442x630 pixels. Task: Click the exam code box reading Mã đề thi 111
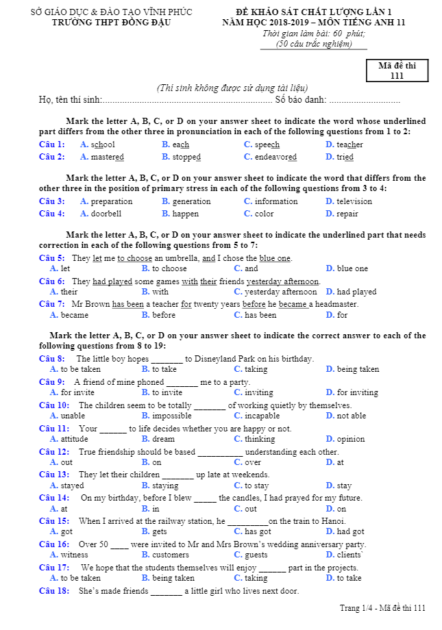pos(397,71)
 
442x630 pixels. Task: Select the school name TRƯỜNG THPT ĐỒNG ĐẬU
pos(112,22)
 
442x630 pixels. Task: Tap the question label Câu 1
pos(52,144)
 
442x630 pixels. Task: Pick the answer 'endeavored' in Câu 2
pos(275,157)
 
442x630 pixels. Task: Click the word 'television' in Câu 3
pos(354,201)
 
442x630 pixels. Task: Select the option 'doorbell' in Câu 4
pos(106,214)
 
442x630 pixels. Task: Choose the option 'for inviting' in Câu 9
pos(357,392)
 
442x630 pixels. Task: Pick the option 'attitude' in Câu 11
pos(74,439)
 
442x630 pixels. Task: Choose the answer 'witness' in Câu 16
pos(74,555)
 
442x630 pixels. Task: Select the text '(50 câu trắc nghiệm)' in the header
pos(313,44)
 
